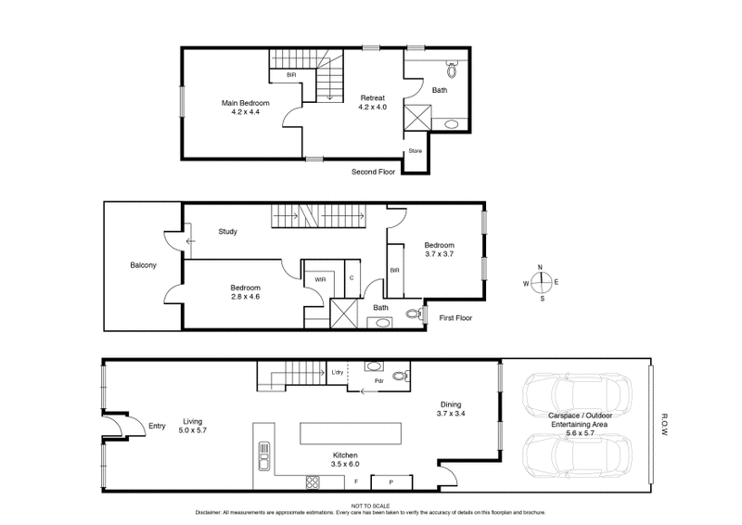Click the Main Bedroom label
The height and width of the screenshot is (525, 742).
coord(245,108)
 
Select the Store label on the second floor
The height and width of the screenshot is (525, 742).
coord(416,151)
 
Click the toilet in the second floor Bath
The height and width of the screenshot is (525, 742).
coord(452,69)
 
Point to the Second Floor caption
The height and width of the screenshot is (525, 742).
coord(374,173)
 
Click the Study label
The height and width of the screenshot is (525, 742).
coord(229,232)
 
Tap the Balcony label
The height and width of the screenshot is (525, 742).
coord(143,266)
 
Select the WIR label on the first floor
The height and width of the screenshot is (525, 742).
coord(320,278)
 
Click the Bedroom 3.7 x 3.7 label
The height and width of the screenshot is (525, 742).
coord(439,250)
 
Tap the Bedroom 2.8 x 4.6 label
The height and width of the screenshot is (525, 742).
coord(246,292)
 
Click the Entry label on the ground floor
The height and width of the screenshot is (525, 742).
coord(157,427)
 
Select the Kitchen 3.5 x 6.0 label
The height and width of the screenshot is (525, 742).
coord(345,460)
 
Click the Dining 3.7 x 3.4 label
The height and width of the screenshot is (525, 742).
coord(451,409)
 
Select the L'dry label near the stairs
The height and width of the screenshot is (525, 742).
coord(338,373)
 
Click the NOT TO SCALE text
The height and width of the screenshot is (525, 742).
coord(371,506)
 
